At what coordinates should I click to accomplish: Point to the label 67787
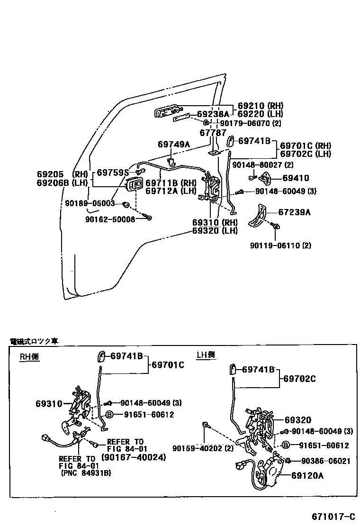point(213,133)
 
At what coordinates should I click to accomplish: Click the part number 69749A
point(173,144)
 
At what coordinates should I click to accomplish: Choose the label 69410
point(296,178)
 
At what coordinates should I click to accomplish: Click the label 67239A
point(294,213)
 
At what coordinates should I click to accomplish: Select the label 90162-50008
point(110,219)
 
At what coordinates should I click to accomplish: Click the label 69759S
point(113,173)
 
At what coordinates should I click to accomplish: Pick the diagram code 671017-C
point(333,516)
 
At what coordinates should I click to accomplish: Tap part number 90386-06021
point(322,461)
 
